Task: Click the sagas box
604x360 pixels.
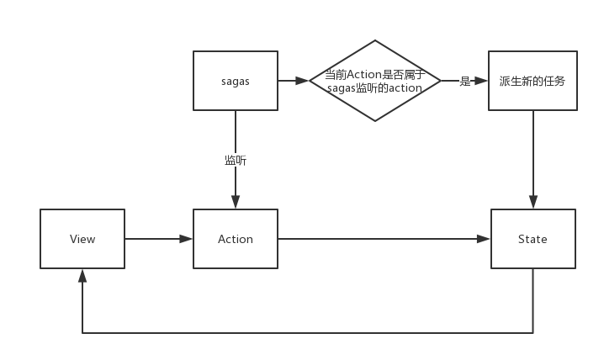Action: pos(236,81)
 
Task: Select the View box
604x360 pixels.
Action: pos(82,239)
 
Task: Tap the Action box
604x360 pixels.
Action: pos(236,239)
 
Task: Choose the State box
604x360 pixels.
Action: pos(532,239)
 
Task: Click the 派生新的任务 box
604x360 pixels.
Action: pos(532,81)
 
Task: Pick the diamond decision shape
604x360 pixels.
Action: pos(375,81)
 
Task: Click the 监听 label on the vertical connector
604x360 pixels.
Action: pos(236,160)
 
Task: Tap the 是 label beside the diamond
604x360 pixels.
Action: pos(464,81)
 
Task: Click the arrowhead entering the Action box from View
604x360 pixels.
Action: pos(187,239)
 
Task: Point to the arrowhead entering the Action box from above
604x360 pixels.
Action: pos(236,203)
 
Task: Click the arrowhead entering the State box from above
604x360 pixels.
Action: pos(532,203)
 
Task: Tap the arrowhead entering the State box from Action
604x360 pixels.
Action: pos(484,239)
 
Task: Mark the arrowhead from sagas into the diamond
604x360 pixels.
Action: pos(304,81)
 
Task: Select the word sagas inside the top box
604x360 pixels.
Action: pos(236,81)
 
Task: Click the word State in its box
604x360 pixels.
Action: pos(532,239)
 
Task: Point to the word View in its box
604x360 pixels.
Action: pos(82,239)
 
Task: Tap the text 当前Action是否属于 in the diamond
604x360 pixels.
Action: pos(375,74)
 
